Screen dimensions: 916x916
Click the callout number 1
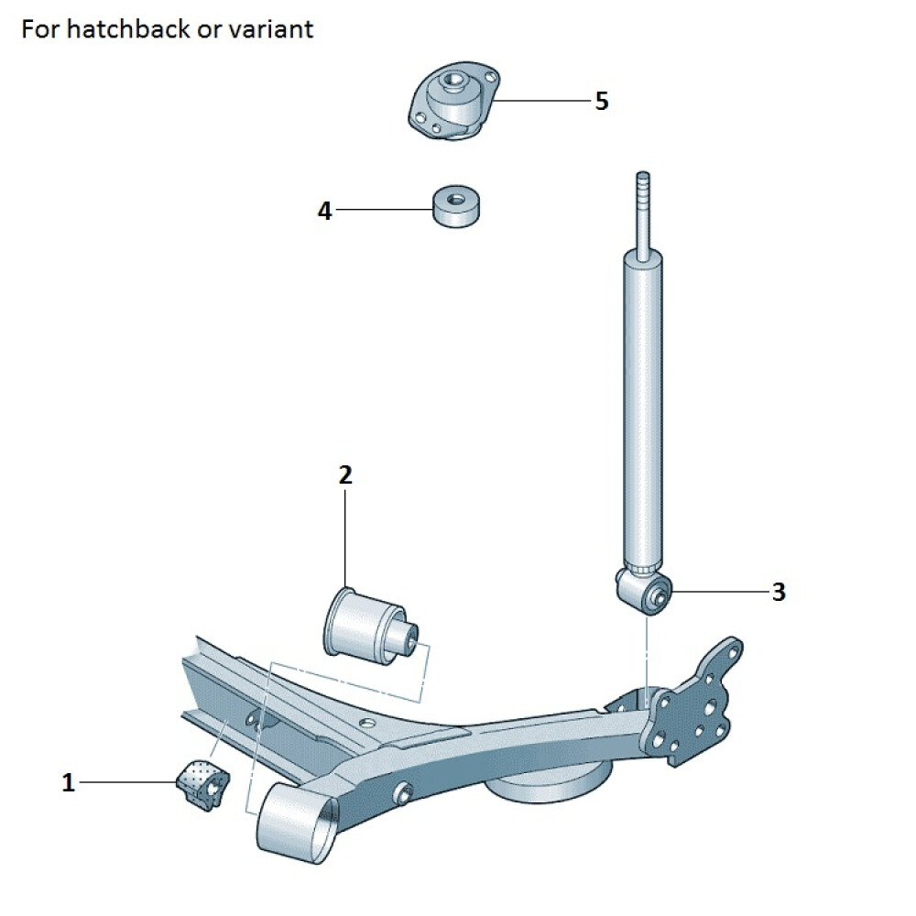click(x=68, y=782)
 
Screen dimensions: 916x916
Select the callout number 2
click(x=344, y=474)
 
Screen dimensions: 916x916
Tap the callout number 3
click(x=778, y=592)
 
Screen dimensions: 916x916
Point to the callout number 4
click(x=324, y=211)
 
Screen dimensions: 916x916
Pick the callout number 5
click(x=601, y=101)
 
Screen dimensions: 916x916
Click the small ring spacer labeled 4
click(x=459, y=207)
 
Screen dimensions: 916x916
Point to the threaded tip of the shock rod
click(x=643, y=184)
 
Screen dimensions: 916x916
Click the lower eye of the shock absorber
click(x=652, y=594)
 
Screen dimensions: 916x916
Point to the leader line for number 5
click(x=540, y=100)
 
